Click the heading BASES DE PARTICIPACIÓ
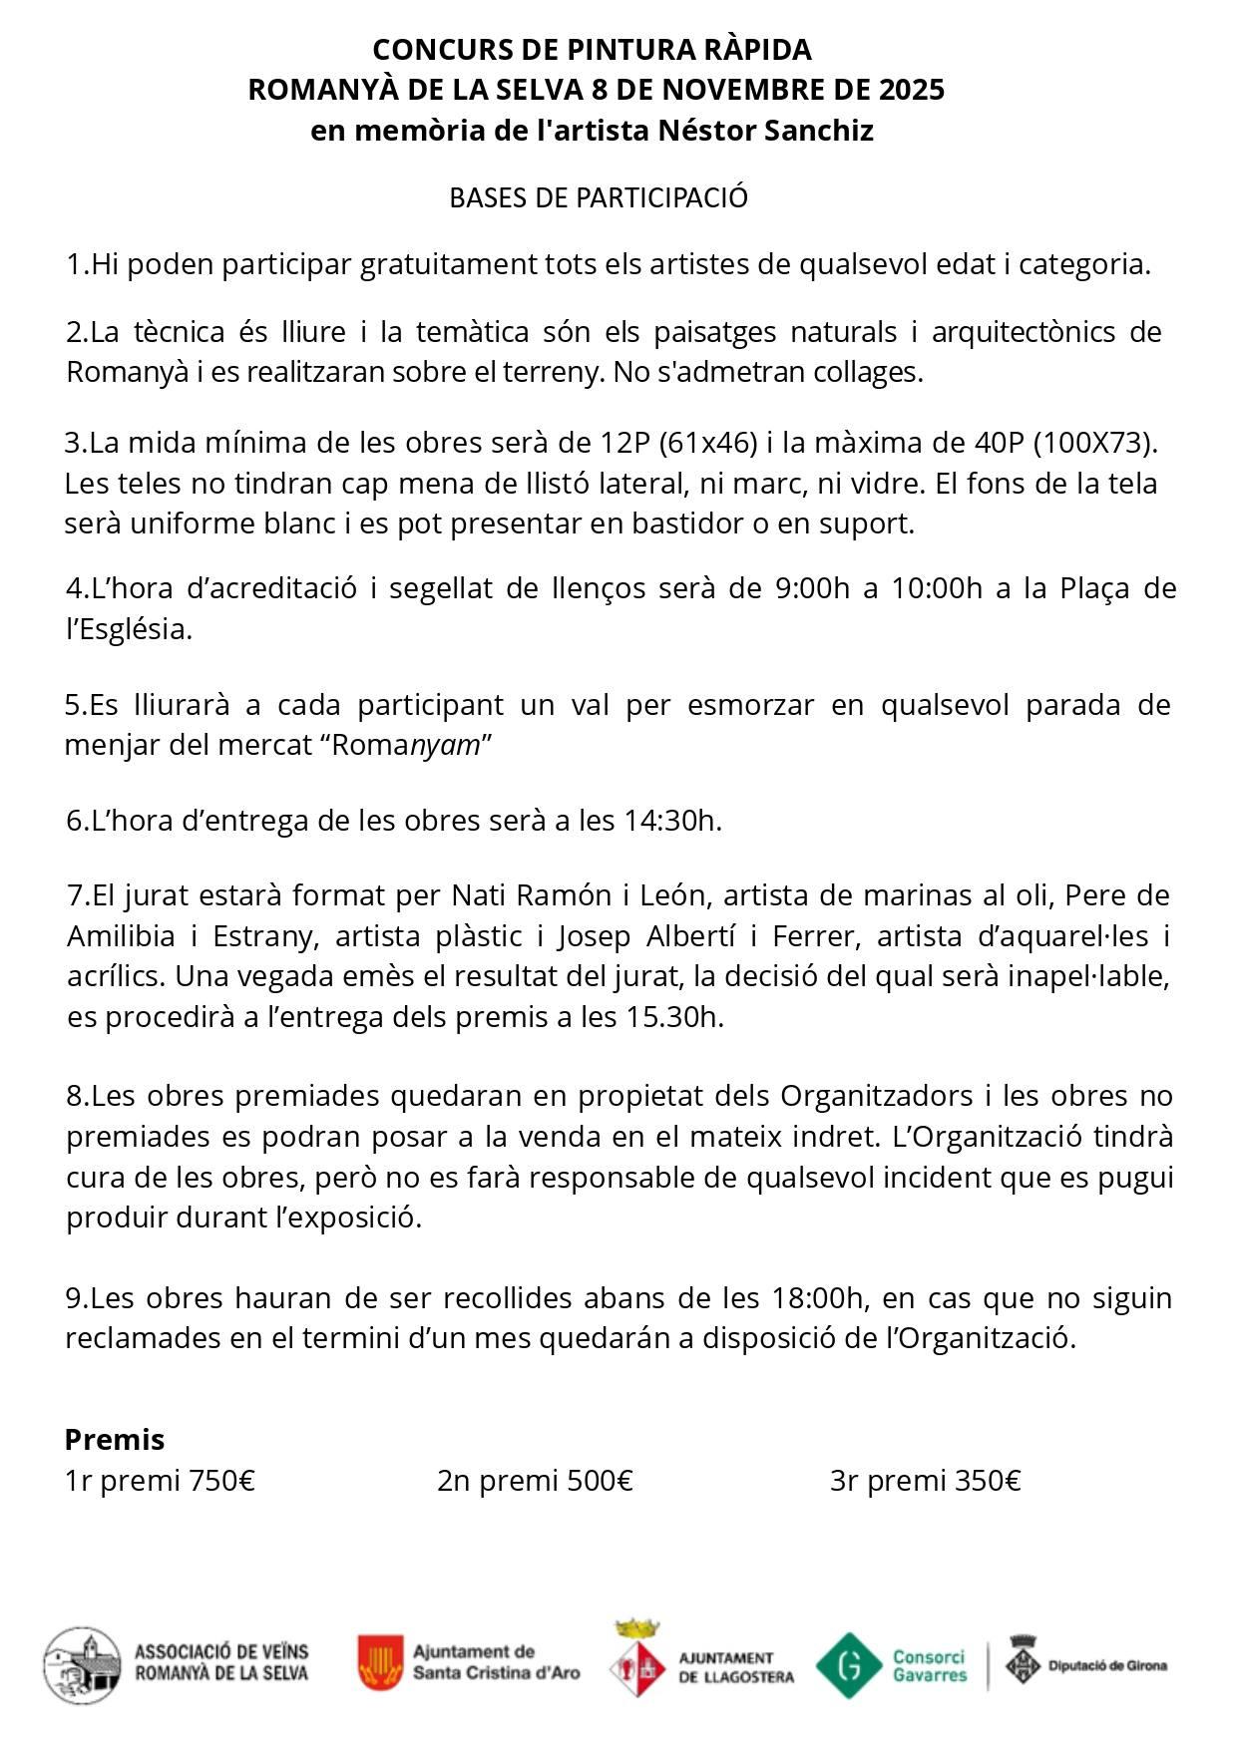pyautogui.click(x=599, y=197)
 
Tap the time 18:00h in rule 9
pyautogui.click(x=817, y=1297)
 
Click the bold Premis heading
pyautogui.click(x=115, y=1439)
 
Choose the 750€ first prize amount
pyautogui.click(x=221, y=1481)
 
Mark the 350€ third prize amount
pyautogui.click(x=988, y=1481)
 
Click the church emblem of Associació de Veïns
pyautogui.click(x=82, y=1665)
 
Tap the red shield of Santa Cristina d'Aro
pyautogui.click(x=381, y=1662)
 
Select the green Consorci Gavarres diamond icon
pyautogui.click(x=848, y=1665)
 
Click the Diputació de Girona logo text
pyautogui.click(x=1107, y=1665)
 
